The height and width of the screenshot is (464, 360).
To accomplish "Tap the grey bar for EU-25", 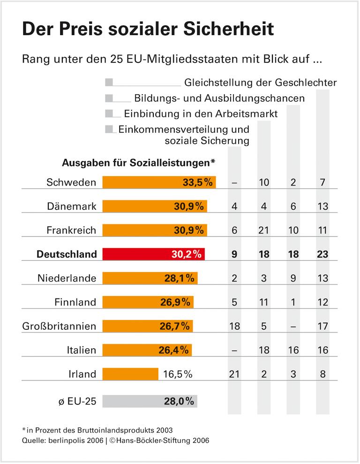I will [x=150, y=401].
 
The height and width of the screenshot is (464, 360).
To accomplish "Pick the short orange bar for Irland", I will [x=130, y=374].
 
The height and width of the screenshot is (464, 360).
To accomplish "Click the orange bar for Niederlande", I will [x=150, y=278].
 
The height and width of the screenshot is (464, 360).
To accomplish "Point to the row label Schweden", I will [x=71, y=183].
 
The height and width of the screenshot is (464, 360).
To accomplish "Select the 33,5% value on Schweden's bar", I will [x=198, y=183].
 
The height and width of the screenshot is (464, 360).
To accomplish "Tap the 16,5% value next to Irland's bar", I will [x=179, y=374].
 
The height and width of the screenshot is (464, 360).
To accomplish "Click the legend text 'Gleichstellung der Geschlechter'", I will [x=260, y=83].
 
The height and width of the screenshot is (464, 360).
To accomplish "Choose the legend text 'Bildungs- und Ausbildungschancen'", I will [x=219, y=99].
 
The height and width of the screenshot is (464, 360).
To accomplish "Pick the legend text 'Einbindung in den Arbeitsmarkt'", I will [x=201, y=114].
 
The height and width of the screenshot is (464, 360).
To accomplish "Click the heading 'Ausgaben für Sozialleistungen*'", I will [x=139, y=163].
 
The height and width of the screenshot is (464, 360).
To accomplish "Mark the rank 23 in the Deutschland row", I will [x=322, y=254].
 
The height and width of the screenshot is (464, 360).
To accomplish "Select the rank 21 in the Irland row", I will [x=234, y=374].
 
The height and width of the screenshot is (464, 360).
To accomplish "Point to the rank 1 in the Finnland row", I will [x=293, y=302].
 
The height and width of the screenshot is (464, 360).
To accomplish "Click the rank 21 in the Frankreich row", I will [x=264, y=230].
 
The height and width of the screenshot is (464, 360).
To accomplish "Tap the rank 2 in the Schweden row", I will [x=293, y=183].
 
